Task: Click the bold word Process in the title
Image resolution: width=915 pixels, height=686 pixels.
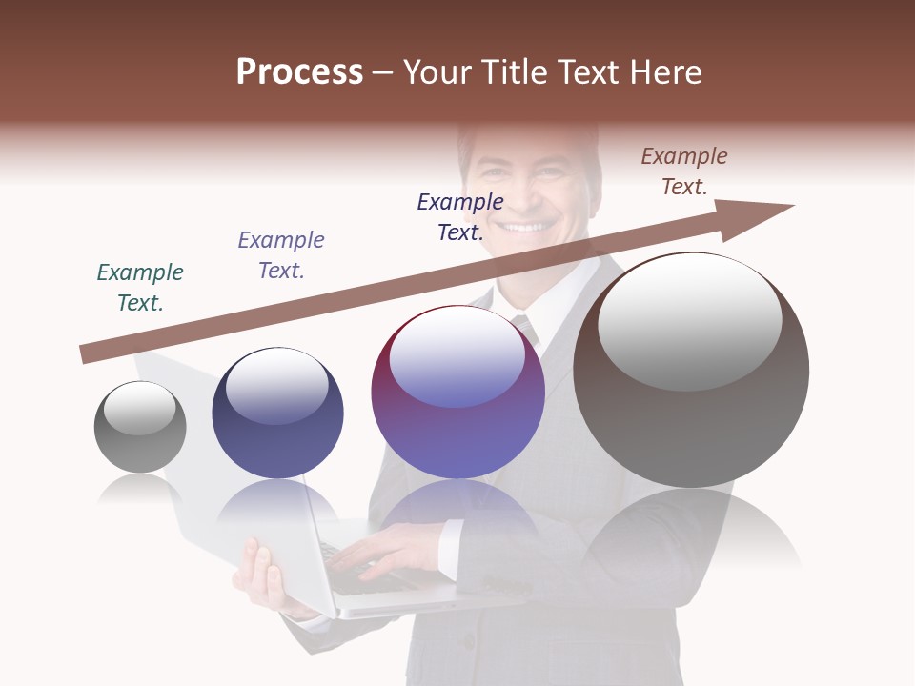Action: [x=299, y=72]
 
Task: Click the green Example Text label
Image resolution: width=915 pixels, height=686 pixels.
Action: [x=140, y=287]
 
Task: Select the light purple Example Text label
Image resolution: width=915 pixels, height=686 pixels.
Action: [x=281, y=254]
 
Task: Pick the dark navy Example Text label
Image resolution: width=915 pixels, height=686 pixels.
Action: [x=460, y=216]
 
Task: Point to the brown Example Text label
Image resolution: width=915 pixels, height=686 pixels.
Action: [x=684, y=171]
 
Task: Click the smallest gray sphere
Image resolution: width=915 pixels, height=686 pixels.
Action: [x=140, y=427]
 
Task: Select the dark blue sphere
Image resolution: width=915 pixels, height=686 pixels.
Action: [x=277, y=414]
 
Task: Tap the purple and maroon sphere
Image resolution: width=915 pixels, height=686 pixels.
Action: [x=457, y=393]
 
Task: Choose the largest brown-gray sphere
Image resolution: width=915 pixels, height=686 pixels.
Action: [x=691, y=371]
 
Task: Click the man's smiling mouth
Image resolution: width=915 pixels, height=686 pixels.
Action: [x=526, y=227]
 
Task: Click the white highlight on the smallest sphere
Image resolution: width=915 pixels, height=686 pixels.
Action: [x=139, y=407]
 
